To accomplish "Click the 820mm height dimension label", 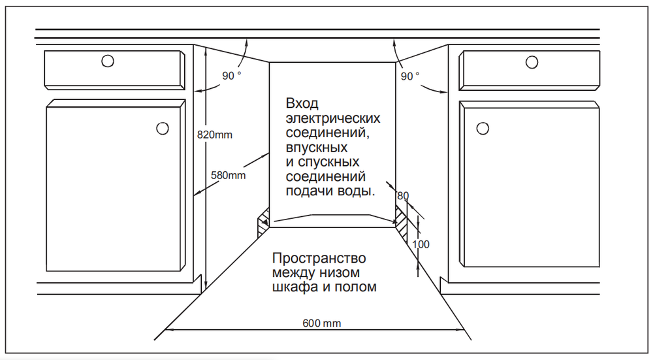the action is pyautogui.click(x=214, y=135).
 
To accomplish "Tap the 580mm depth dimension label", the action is pyautogui.click(x=228, y=175).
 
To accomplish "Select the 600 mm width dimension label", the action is pyautogui.click(x=321, y=323).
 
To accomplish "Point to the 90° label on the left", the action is pyautogui.click(x=232, y=76).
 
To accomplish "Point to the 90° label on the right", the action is pyautogui.click(x=410, y=76).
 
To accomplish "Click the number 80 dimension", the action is pyautogui.click(x=403, y=196).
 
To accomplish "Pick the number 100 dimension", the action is pyautogui.click(x=421, y=244).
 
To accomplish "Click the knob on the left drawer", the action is pyautogui.click(x=108, y=61).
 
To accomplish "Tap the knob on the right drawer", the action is pyautogui.click(x=532, y=63).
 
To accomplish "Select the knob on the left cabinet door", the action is pyautogui.click(x=163, y=128).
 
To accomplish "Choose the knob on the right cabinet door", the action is pyautogui.click(x=483, y=128).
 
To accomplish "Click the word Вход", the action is pyautogui.click(x=302, y=103).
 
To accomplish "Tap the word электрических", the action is pyautogui.click(x=333, y=118).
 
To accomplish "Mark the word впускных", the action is pyautogui.click(x=317, y=148).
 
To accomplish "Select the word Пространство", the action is pyautogui.click(x=319, y=258).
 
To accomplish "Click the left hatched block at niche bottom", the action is pyautogui.click(x=264, y=221).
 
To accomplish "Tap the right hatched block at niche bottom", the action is pyautogui.click(x=402, y=224).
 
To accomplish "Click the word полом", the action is pyautogui.click(x=356, y=287).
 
